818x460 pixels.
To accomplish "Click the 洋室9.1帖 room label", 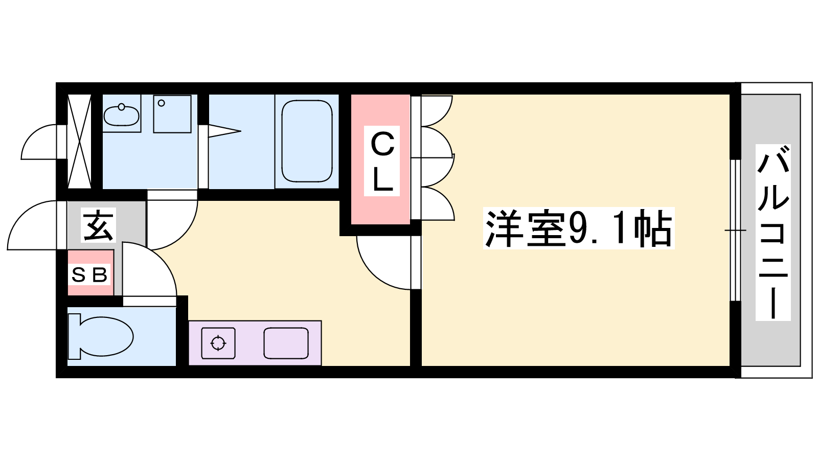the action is pos(578,228).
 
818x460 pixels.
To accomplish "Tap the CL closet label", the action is pos(382,162).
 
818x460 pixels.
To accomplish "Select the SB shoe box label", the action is pos(89,274).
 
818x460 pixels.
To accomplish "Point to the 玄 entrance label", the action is pos(99,225).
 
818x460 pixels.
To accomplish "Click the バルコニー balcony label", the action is pos(772,232).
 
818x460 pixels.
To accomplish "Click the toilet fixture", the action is pos(100,336).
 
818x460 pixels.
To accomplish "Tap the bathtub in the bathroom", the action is pos(307,141).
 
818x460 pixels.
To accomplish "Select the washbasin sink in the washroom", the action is pos(121,116).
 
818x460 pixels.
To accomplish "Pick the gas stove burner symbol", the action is pos(218,343).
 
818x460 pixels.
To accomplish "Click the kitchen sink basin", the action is pos(286,343).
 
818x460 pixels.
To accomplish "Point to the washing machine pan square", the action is pos(172,114).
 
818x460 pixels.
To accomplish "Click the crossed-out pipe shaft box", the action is pos(80,142).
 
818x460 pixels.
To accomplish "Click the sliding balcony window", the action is pos(736,231).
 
